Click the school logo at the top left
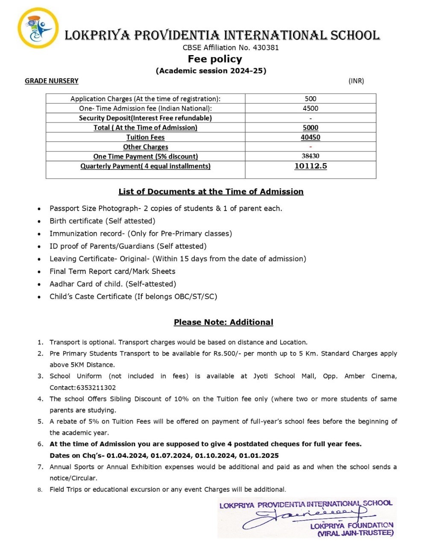37,28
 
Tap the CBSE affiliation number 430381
266,47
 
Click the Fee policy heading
215,59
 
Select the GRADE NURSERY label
52,81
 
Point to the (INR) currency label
356,81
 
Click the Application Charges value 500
311,99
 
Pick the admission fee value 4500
311,109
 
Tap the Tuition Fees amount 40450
311,137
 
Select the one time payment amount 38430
311,156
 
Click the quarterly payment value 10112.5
311,166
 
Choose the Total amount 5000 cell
311,128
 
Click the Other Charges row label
145,147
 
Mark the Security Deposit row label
145,118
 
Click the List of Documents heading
211,191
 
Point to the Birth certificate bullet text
102,221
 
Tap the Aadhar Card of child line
113,284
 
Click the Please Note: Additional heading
223,322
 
